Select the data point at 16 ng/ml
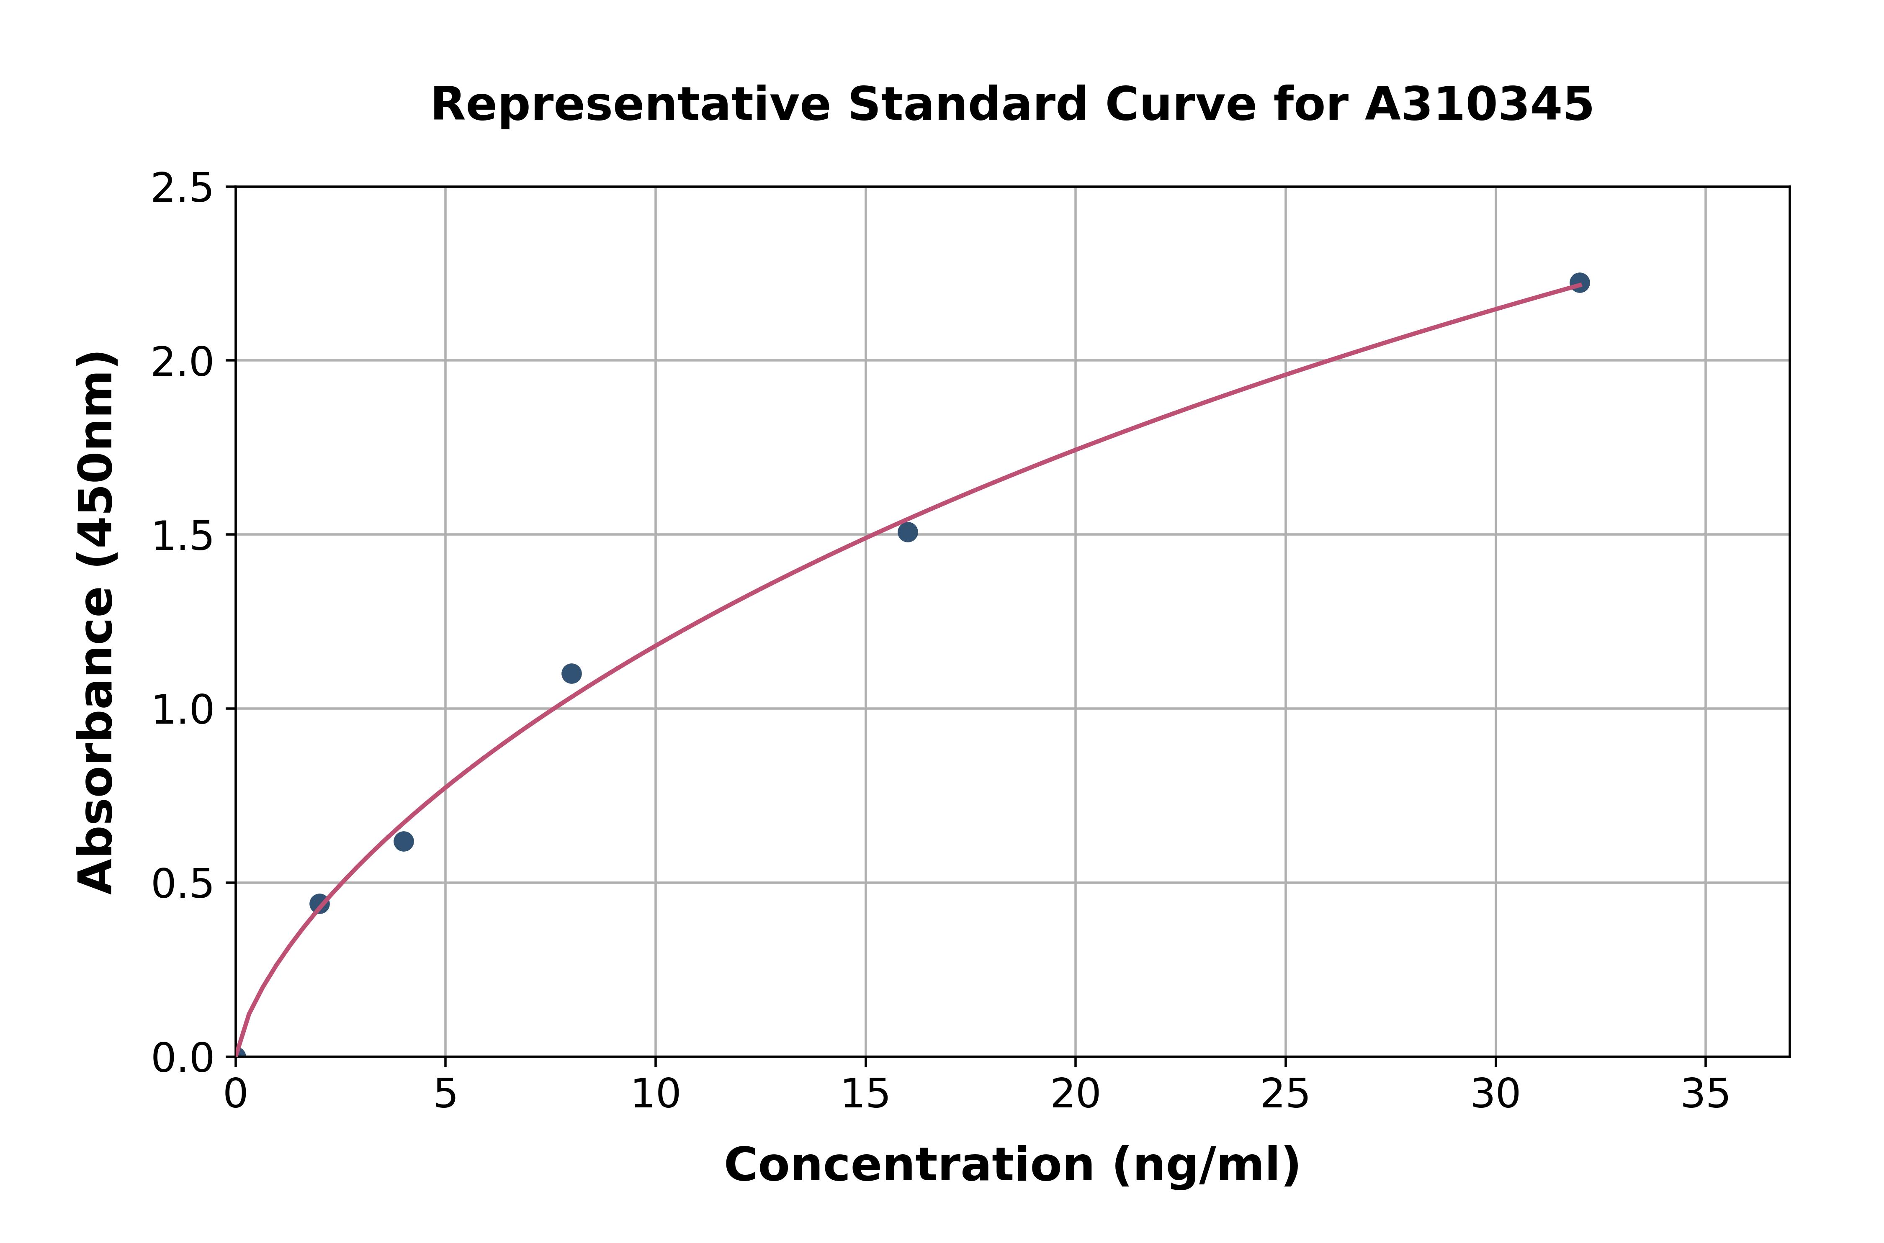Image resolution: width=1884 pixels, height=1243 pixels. tap(908, 532)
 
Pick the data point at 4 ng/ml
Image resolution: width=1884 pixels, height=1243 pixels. tap(404, 841)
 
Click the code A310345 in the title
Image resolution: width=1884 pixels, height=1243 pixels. tap(1479, 105)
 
